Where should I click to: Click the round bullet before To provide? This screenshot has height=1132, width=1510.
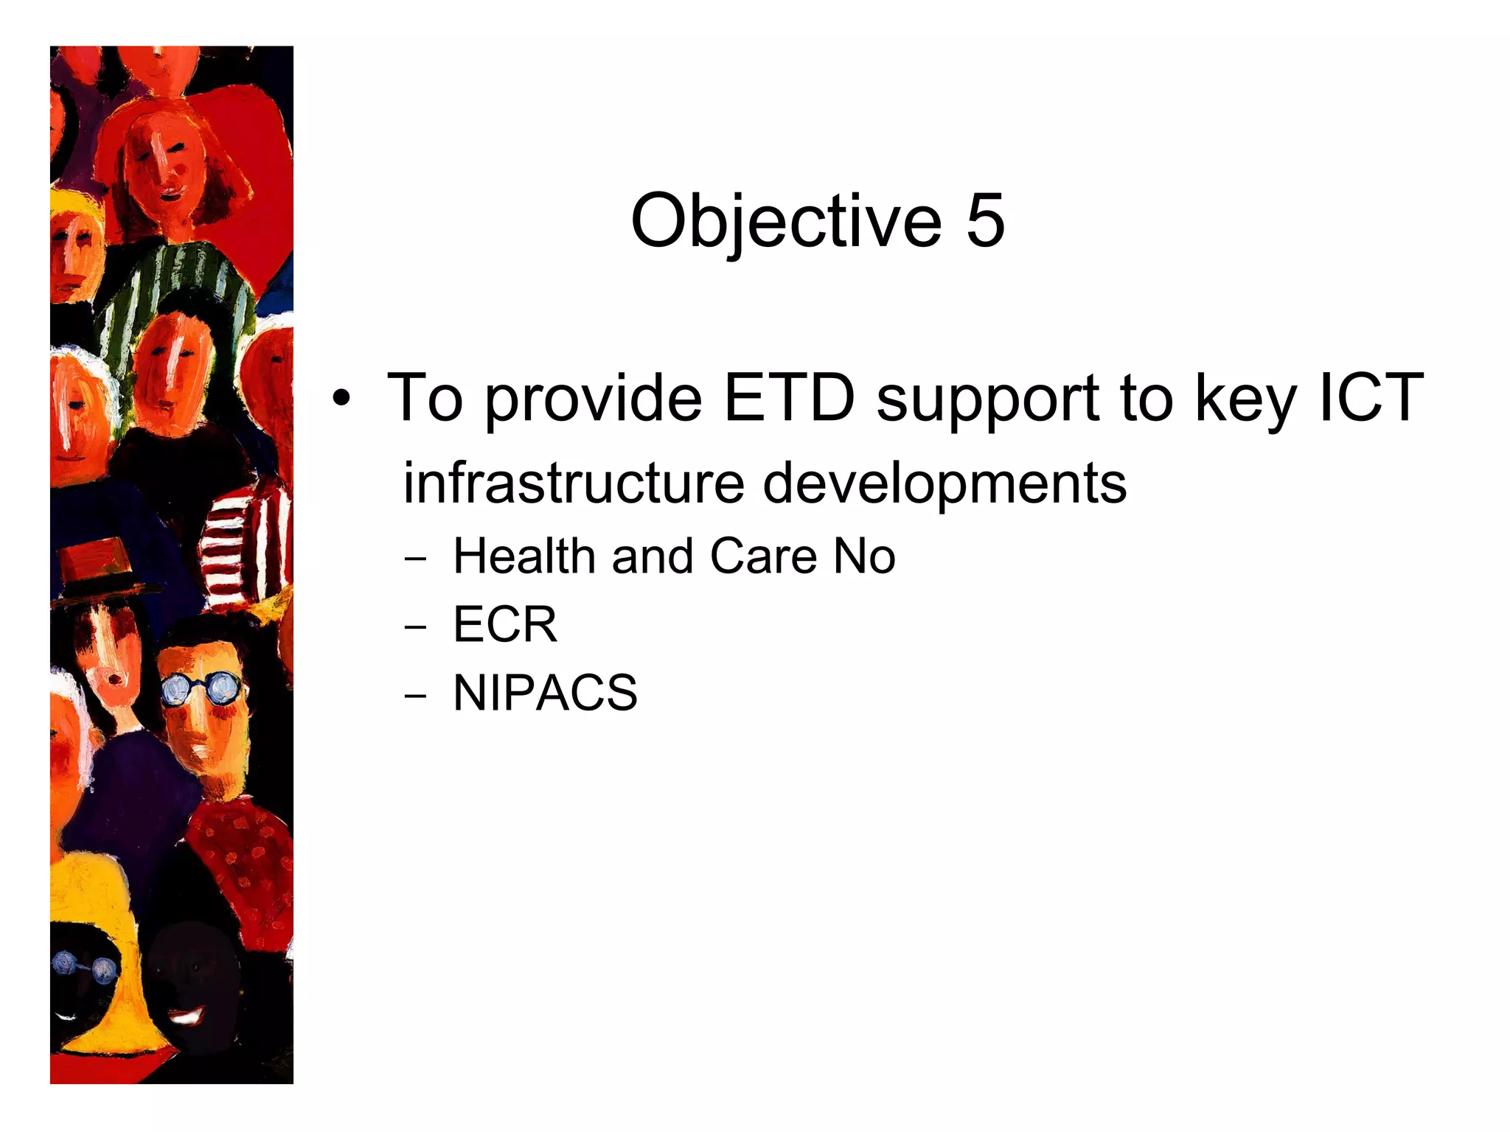(x=341, y=399)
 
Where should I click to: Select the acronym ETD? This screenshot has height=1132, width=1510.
(x=790, y=398)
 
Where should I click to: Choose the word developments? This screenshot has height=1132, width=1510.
(x=944, y=485)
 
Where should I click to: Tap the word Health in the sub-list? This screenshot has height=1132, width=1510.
(x=523, y=556)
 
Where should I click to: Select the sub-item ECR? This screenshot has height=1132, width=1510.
(x=505, y=625)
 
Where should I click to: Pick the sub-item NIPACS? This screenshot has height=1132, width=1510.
(x=545, y=693)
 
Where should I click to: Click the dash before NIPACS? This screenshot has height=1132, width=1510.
(x=415, y=696)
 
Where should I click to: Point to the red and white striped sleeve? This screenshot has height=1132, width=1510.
(x=243, y=545)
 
